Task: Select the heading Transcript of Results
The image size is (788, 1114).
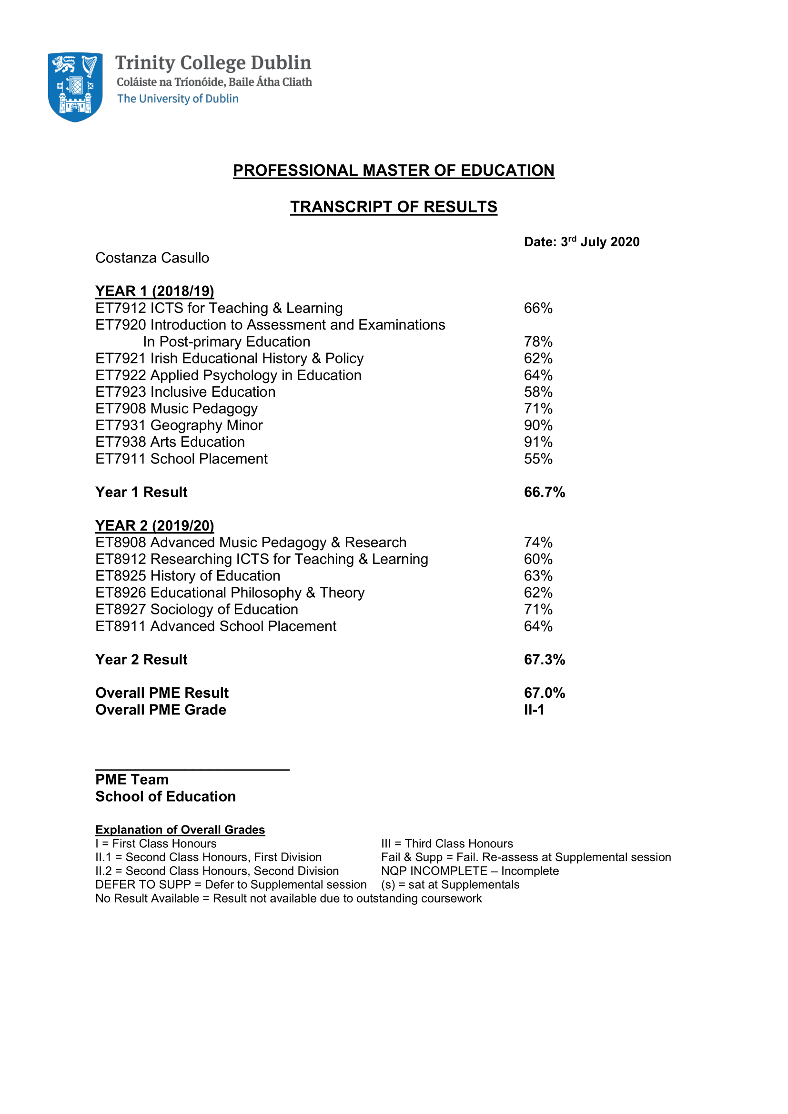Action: pyautogui.click(x=394, y=207)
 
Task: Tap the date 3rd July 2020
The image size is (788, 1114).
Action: pyautogui.click(x=581, y=241)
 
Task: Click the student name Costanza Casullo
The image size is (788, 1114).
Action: pyautogui.click(x=152, y=258)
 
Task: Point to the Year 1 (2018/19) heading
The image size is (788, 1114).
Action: pyautogui.click(x=154, y=291)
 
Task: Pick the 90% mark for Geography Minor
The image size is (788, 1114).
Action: pyautogui.click(x=537, y=425)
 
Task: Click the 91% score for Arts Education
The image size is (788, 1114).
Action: pyautogui.click(x=537, y=442)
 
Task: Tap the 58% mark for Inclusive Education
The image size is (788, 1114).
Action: pyautogui.click(x=537, y=392)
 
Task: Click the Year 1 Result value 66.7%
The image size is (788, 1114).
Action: pyautogui.click(x=544, y=492)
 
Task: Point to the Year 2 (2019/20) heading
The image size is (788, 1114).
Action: pyautogui.click(x=154, y=525)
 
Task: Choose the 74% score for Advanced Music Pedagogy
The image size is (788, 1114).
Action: pyautogui.click(x=537, y=542)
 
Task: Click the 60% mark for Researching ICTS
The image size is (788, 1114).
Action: pyautogui.click(x=537, y=559)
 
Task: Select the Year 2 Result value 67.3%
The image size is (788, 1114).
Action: pyautogui.click(x=544, y=660)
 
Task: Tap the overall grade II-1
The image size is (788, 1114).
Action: pyautogui.click(x=534, y=710)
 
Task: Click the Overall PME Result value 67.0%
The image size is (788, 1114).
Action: pyautogui.click(x=544, y=693)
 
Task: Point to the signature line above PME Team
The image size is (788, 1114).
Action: pyautogui.click(x=192, y=770)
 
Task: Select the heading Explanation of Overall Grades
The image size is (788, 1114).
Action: pyautogui.click(x=180, y=830)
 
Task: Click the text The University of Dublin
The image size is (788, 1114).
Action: pyautogui.click(x=178, y=99)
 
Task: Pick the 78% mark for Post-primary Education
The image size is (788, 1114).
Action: pyautogui.click(x=537, y=341)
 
